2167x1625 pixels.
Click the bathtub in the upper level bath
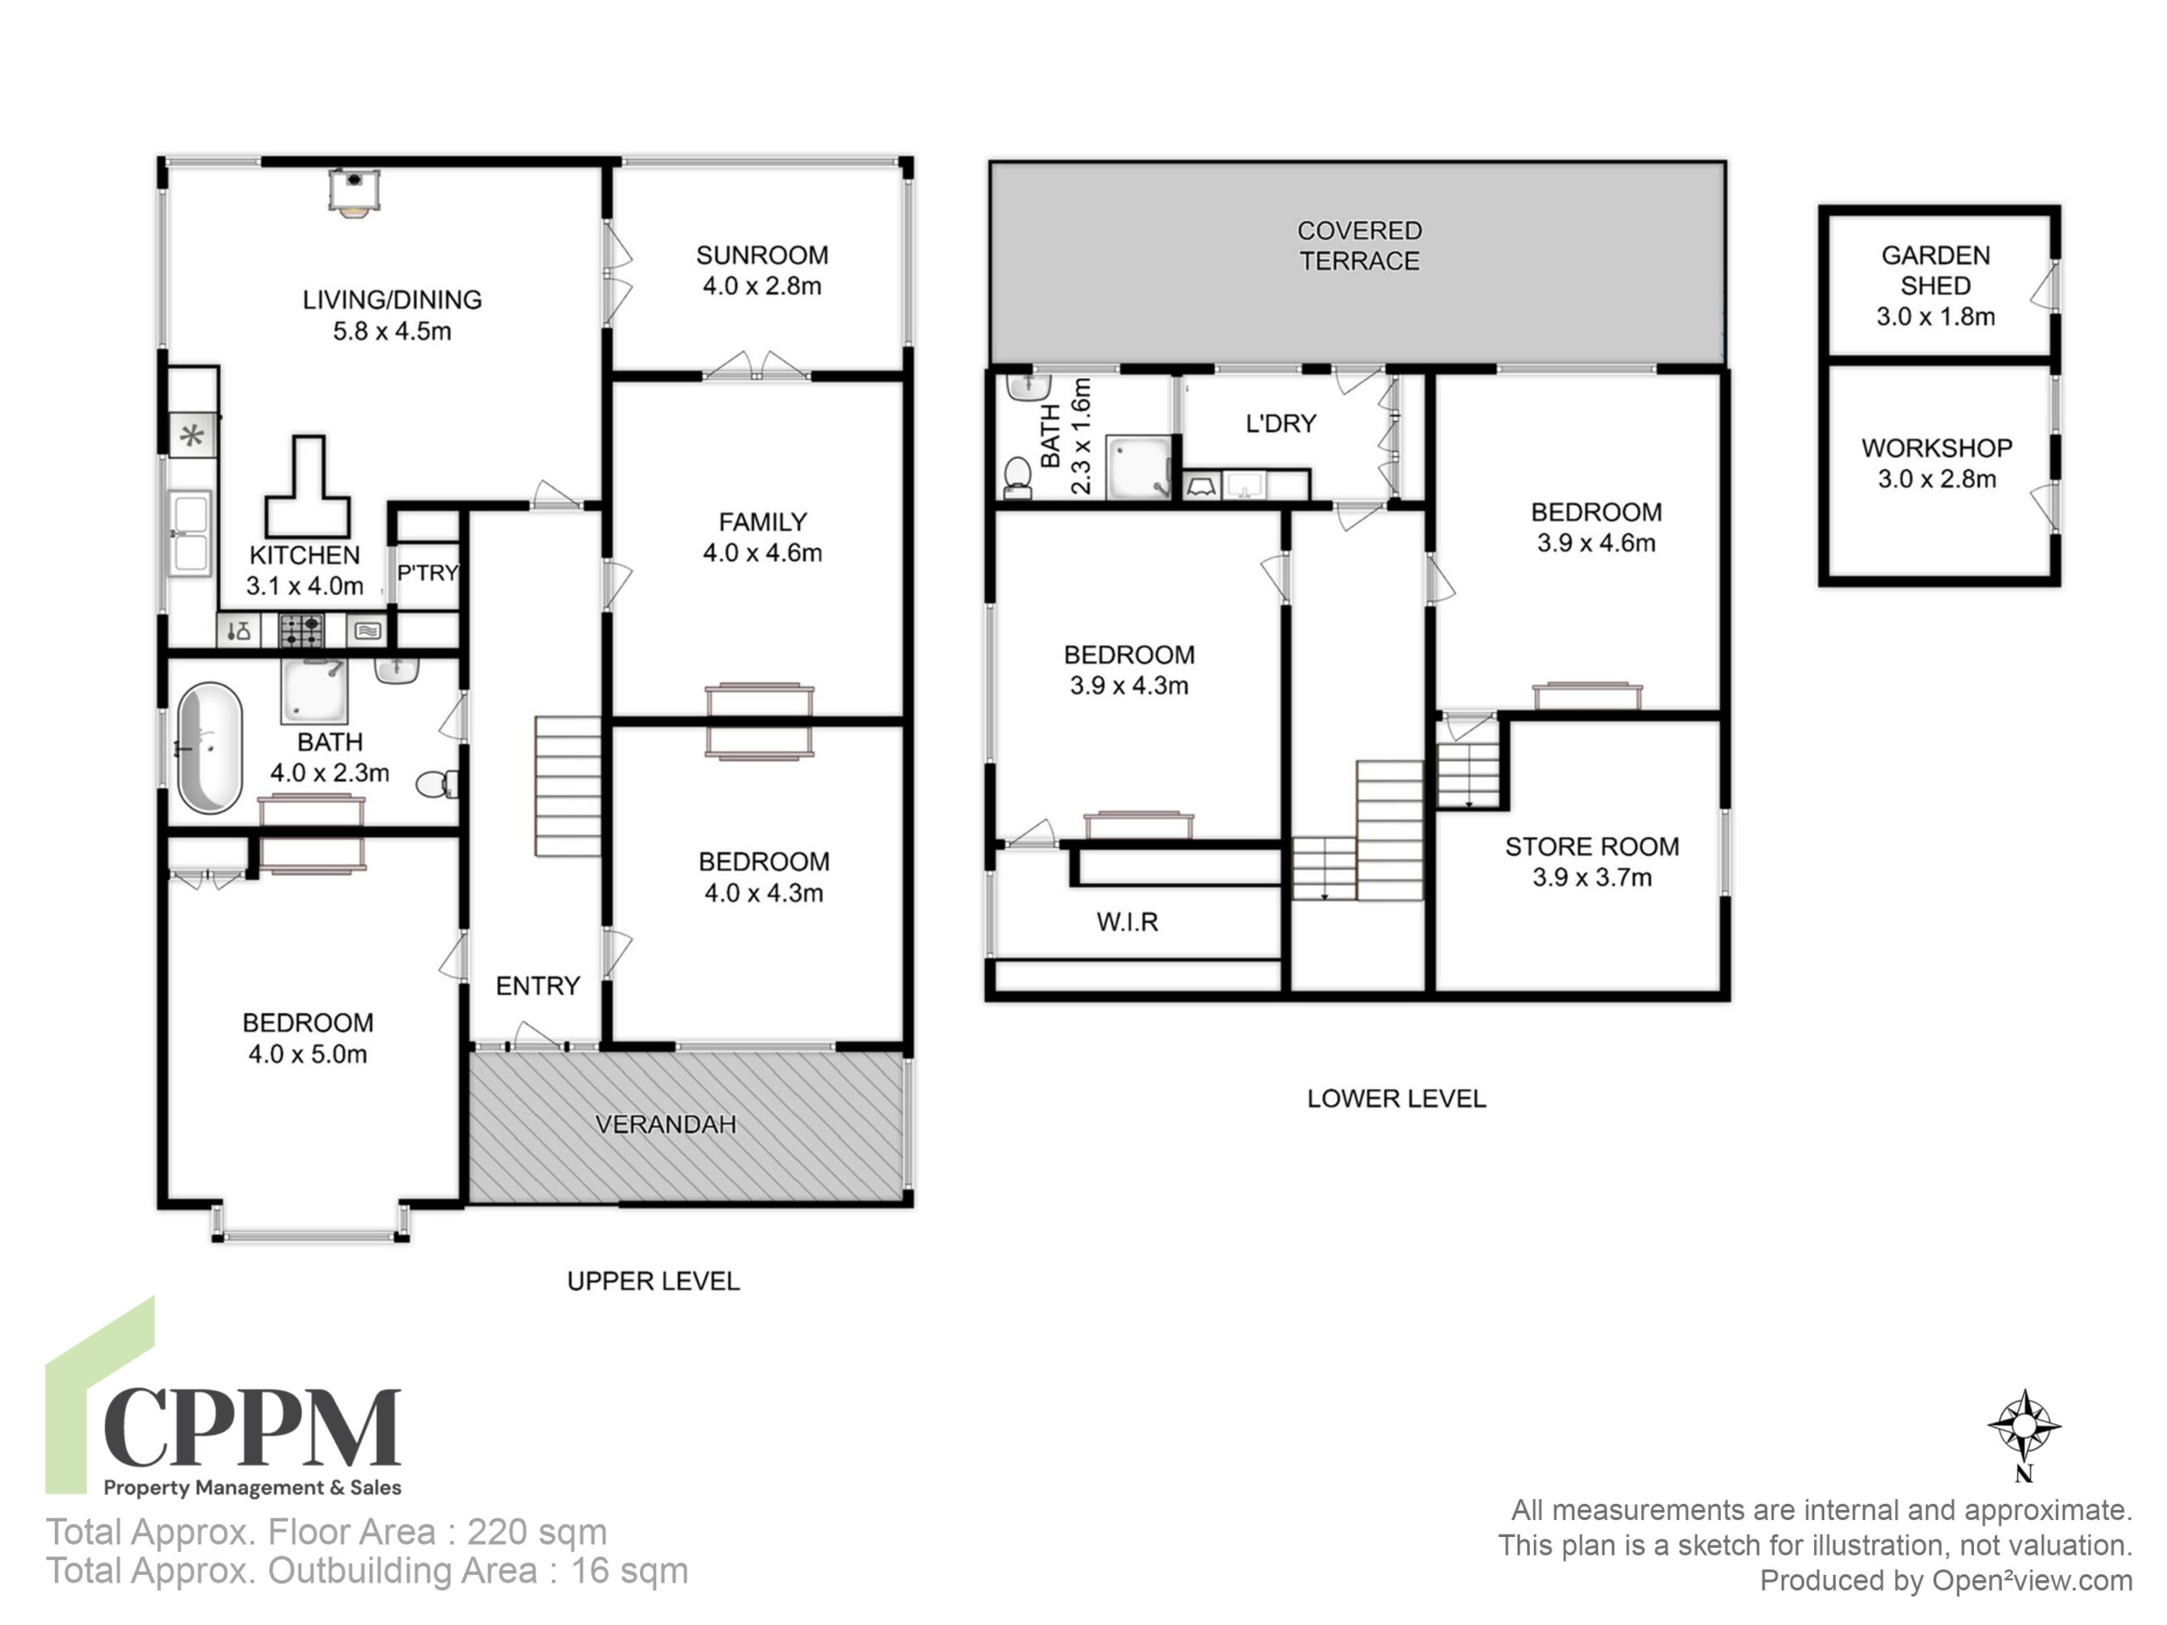tap(209, 748)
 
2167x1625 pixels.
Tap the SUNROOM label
tap(762, 256)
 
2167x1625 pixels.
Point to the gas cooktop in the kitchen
tap(301, 630)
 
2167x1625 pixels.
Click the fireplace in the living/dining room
tap(353, 191)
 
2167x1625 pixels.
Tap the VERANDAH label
tap(666, 1125)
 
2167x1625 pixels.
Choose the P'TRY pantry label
tap(427, 572)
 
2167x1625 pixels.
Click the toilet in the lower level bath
tap(1017, 477)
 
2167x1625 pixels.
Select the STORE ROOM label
tap(1592, 846)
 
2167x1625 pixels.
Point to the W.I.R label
tap(1128, 922)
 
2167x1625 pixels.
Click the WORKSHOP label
tap(1937, 448)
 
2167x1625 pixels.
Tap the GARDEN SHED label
tap(1936, 270)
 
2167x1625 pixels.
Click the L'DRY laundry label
tap(1281, 423)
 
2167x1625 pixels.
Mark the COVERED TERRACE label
tap(1359, 245)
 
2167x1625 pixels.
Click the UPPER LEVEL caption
tap(653, 1281)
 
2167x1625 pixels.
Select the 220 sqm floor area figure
tap(537, 1532)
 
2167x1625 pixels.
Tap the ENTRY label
tap(538, 985)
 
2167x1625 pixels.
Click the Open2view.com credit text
tap(2032, 1580)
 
